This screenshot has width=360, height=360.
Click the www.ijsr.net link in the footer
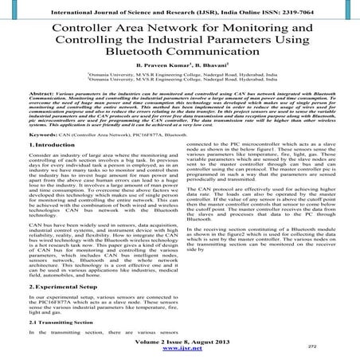pos(181,349)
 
